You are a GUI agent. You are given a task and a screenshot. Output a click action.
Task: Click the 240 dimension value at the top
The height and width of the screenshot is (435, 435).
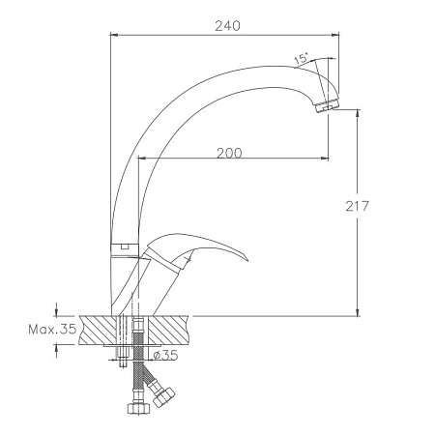(x=227, y=26)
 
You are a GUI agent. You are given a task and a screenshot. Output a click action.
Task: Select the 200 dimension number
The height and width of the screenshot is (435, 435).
(x=229, y=154)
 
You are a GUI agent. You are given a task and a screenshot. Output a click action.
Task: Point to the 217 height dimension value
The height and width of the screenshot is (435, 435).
(x=357, y=206)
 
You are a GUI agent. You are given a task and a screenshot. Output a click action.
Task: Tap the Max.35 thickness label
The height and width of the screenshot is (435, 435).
(x=52, y=330)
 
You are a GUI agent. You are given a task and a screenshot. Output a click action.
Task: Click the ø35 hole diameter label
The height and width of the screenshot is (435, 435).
(x=165, y=355)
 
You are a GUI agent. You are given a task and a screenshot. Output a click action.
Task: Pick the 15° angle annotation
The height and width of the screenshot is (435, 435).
(x=301, y=58)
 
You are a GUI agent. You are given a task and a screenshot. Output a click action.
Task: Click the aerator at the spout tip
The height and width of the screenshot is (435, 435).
(x=326, y=106)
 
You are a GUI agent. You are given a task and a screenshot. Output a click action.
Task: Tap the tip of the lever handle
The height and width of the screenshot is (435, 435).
(x=247, y=260)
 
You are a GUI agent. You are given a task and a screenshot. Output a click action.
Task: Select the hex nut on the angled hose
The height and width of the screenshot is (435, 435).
(x=163, y=397)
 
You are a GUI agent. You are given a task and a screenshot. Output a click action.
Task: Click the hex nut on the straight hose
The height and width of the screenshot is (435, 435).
(x=138, y=408)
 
